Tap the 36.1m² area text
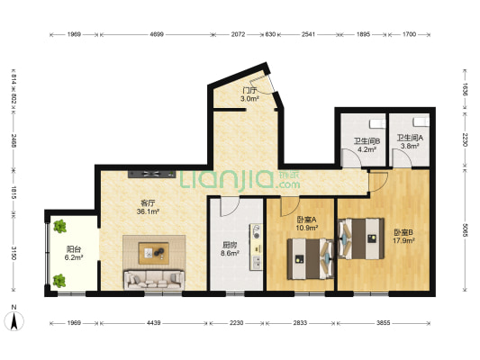click(x=148, y=211)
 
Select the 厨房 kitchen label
click(x=230, y=244)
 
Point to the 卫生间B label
click(x=366, y=141)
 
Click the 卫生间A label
click(x=410, y=141)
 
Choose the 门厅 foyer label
click(x=249, y=91)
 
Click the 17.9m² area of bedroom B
click(x=403, y=240)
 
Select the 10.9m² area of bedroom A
click(x=307, y=229)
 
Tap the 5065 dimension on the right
click(x=465, y=229)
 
